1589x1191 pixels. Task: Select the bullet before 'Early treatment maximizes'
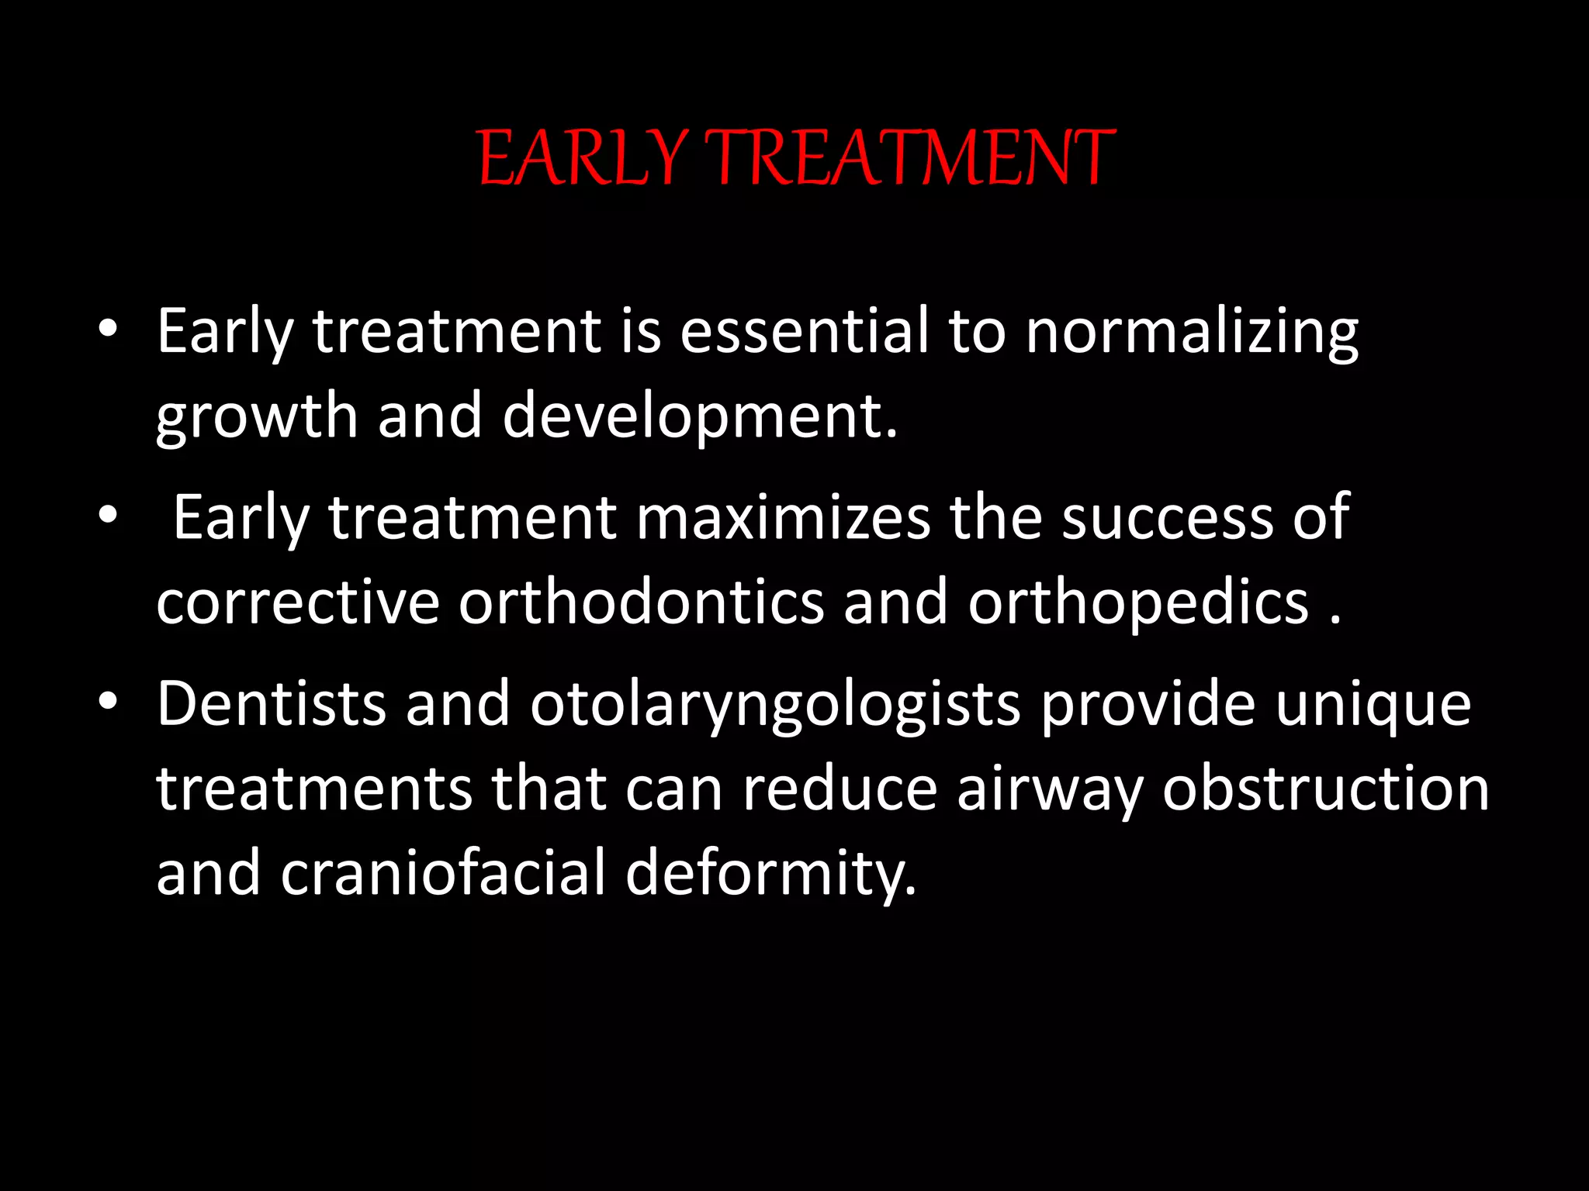(x=108, y=516)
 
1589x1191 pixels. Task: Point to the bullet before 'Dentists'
(x=108, y=702)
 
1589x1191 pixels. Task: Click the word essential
(x=804, y=331)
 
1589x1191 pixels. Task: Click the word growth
(x=256, y=417)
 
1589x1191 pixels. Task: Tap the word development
(x=698, y=417)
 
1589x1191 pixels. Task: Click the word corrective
(x=298, y=602)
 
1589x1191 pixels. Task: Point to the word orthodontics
(x=641, y=602)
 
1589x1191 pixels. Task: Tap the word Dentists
(x=271, y=704)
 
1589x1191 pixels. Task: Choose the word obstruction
(x=1325, y=789)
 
